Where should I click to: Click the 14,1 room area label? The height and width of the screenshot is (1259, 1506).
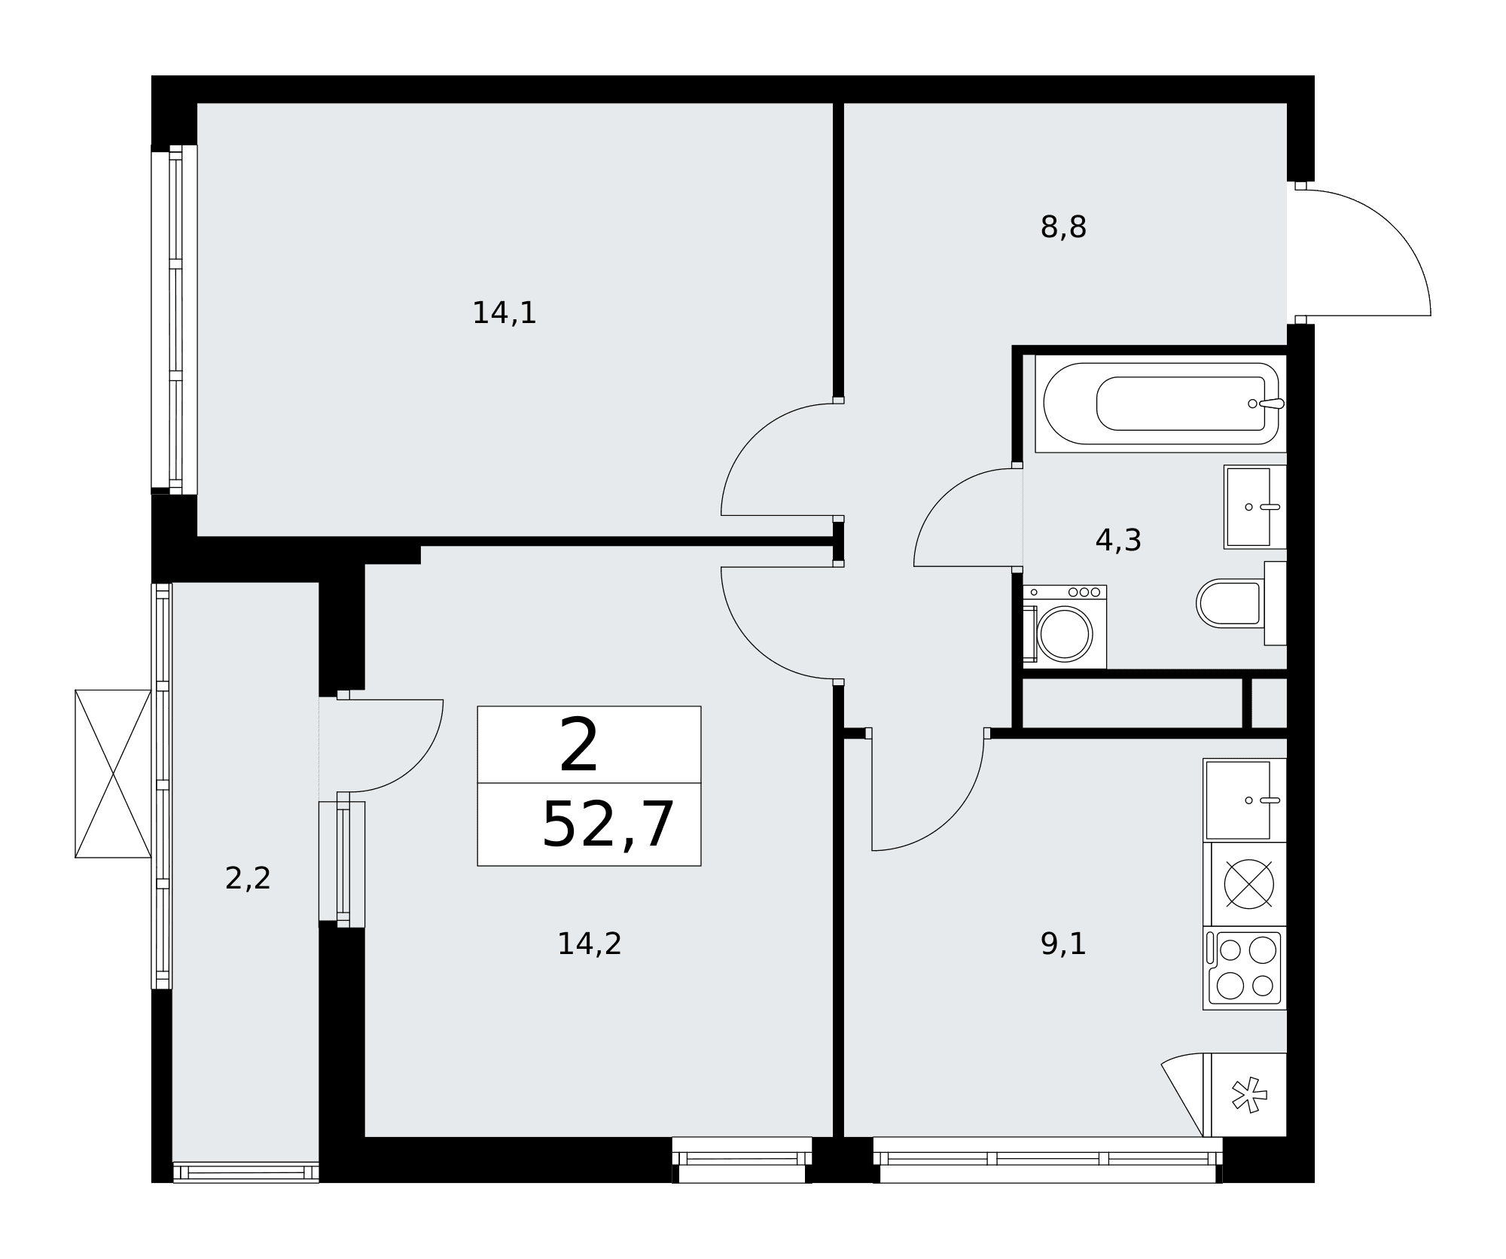[x=504, y=313]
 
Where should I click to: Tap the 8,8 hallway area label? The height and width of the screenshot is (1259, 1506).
[x=1063, y=227]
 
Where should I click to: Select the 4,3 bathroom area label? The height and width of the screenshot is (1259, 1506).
[x=1118, y=541]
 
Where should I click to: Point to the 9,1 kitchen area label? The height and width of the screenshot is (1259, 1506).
[x=1063, y=944]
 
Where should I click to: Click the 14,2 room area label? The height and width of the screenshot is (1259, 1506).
[x=589, y=944]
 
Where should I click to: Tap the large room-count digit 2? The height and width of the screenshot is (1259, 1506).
[x=578, y=745]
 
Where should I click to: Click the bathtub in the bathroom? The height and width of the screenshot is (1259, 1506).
[x=1160, y=404]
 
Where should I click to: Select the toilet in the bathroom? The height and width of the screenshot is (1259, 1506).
[x=1241, y=603]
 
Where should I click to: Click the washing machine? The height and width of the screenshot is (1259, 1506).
[x=1065, y=626]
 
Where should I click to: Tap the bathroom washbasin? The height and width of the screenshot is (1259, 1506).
[x=1254, y=507]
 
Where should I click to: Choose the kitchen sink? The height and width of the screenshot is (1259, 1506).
[x=1244, y=800]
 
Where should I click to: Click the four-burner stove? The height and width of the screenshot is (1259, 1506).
[x=1244, y=968]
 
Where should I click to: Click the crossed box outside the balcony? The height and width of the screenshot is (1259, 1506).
[x=113, y=773]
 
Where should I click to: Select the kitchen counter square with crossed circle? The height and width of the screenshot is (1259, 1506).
[x=1244, y=884]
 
